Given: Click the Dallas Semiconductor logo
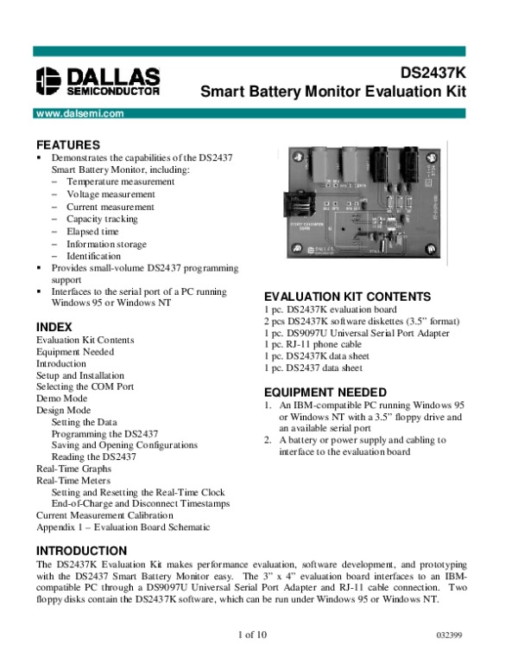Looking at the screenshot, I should [x=98, y=80].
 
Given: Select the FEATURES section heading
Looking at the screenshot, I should [x=68, y=144].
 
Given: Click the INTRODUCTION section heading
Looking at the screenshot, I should [x=81, y=551].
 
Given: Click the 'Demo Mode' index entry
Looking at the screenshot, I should [x=61, y=399].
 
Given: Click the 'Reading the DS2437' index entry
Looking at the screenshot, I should [x=93, y=457].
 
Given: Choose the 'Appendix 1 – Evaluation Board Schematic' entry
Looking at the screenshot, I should [x=123, y=527].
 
